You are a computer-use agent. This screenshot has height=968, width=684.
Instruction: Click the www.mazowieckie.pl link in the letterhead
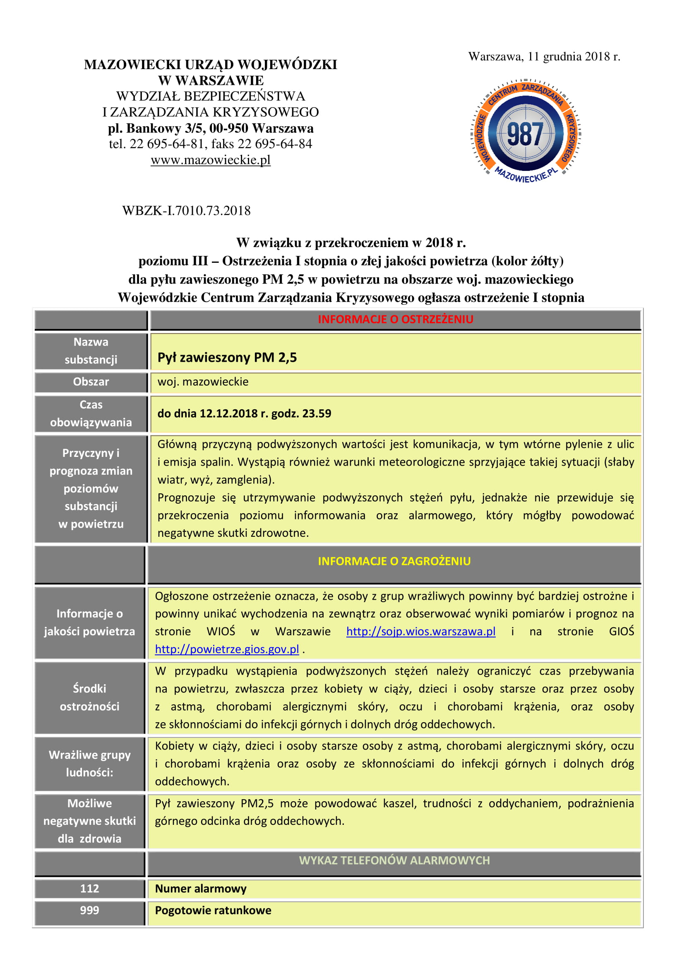click(x=210, y=160)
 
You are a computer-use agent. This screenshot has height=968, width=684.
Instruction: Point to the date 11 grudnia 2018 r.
click(x=574, y=57)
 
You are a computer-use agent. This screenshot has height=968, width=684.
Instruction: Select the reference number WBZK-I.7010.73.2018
click(x=186, y=210)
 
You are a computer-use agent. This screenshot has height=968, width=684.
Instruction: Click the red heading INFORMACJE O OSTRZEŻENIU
click(x=395, y=319)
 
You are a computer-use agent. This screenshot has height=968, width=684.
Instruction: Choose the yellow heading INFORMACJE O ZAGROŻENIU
click(x=394, y=561)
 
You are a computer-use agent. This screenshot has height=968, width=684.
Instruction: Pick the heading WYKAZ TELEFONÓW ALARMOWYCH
click(x=394, y=860)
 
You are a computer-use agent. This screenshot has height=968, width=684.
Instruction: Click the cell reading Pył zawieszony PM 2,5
click(x=227, y=358)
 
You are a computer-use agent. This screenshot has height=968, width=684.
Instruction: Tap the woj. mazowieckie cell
click(x=203, y=382)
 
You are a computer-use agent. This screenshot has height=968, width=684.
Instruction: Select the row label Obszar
click(x=91, y=382)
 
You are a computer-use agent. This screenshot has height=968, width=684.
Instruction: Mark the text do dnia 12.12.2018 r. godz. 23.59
click(x=244, y=413)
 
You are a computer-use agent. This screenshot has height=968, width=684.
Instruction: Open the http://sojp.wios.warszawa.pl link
click(x=420, y=631)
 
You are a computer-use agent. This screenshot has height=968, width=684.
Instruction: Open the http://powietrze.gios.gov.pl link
click(x=227, y=649)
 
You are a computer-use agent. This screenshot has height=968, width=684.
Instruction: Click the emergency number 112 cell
click(x=89, y=888)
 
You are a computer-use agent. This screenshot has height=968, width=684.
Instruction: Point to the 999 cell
click(x=89, y=910)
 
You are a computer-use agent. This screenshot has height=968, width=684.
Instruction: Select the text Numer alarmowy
click(x=201, y=888)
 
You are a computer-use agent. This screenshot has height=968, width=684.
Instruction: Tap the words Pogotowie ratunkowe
click(x=213, y=910)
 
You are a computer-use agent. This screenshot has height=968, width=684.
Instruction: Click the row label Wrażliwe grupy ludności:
click(x=89, y=763)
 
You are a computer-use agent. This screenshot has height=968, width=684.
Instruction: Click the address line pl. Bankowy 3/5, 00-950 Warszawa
click(x=210, y=128)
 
